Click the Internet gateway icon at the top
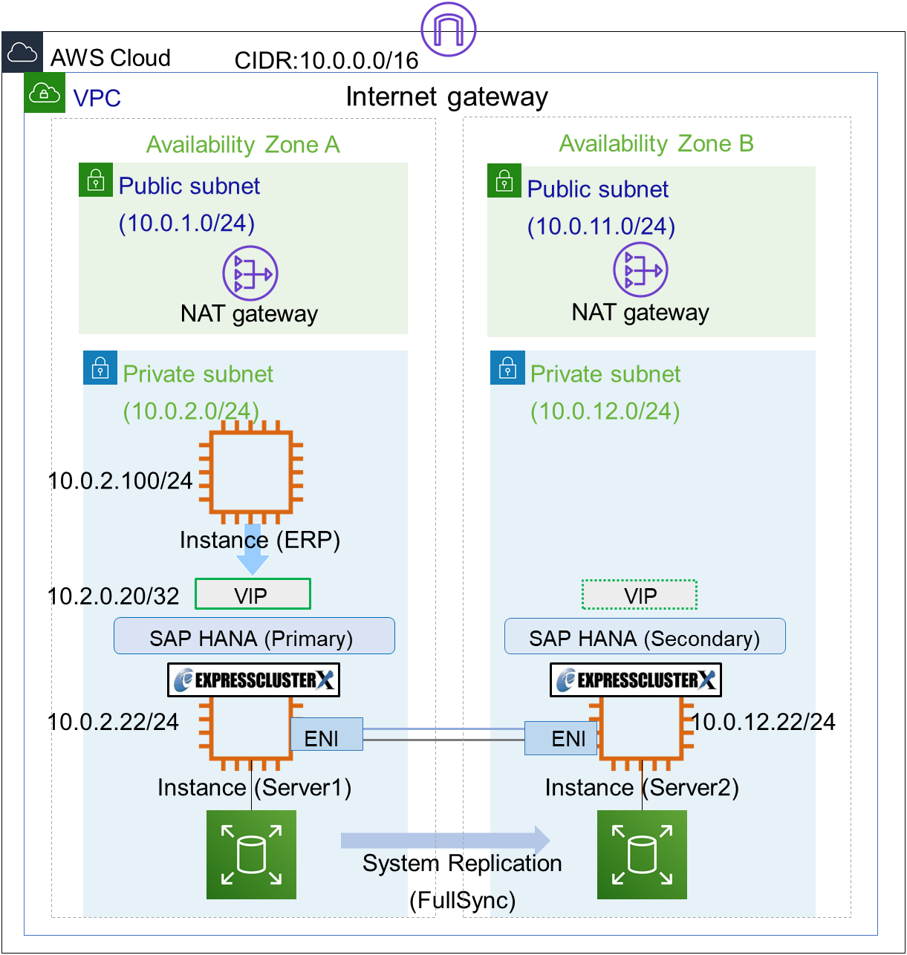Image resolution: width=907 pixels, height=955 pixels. [x=448, y=29]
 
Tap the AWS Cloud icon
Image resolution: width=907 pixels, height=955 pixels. [x=22, y=53]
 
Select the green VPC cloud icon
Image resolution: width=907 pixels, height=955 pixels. [x=44, y=93]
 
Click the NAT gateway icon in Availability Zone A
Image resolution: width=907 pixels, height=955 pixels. [x=250, y=273]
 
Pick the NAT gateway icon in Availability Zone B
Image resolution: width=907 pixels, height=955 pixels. [x=640, y=270]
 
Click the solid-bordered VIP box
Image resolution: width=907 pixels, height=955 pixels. [x=253, y=595]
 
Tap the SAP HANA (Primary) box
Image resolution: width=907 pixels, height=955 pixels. [x=254, y=636]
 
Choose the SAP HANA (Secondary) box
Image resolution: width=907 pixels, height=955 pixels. [x=644, y=637]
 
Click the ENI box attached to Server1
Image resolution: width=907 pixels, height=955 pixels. [x=326, y=735]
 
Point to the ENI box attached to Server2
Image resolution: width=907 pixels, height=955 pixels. [x=561, y=738]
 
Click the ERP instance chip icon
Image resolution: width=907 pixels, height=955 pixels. [x=250, y=473]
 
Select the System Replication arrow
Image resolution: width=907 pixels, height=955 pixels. [x=446, y=840]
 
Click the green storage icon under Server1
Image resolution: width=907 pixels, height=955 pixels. [x=251, y=855]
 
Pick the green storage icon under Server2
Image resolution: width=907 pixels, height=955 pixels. [x=642, y=855]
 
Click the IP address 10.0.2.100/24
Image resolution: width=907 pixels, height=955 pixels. [x=120, y=481]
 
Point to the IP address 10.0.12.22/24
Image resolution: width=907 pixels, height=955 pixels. [x=764, y=722]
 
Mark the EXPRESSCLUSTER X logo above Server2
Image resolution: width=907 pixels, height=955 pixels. [x=636, y=679]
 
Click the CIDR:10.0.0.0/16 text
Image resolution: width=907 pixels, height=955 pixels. [x=327, y=60]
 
